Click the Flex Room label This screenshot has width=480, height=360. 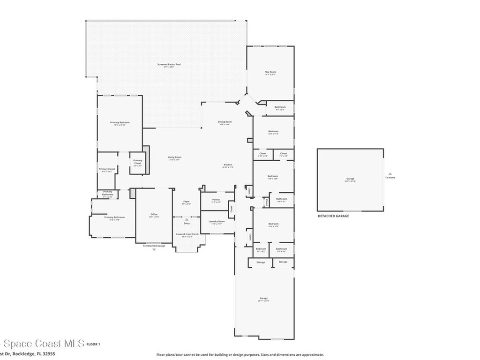coord(270,72)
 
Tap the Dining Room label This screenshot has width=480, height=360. coord(225,122)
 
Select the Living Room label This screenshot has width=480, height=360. coord(174,157)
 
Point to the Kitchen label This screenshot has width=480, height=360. coord(228,165)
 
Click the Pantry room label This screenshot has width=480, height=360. coord(216,200)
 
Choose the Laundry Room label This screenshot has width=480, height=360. coord(217,221)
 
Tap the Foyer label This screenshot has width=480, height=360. coord(187,202)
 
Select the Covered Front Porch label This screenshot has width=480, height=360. coord(187,234)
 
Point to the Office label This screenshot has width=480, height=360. coord(154,214)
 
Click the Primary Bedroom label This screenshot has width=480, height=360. coord(120,122)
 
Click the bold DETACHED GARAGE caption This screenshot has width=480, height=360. coord(333,216)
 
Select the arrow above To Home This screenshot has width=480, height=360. coord(390,173)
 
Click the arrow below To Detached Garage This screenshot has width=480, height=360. coord(154,250)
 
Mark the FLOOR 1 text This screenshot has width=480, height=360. coord(93,345)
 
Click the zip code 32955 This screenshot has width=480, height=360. coord(49,354)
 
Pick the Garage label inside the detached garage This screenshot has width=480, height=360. coord(350,179)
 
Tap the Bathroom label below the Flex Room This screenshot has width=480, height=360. coord(280,107)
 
